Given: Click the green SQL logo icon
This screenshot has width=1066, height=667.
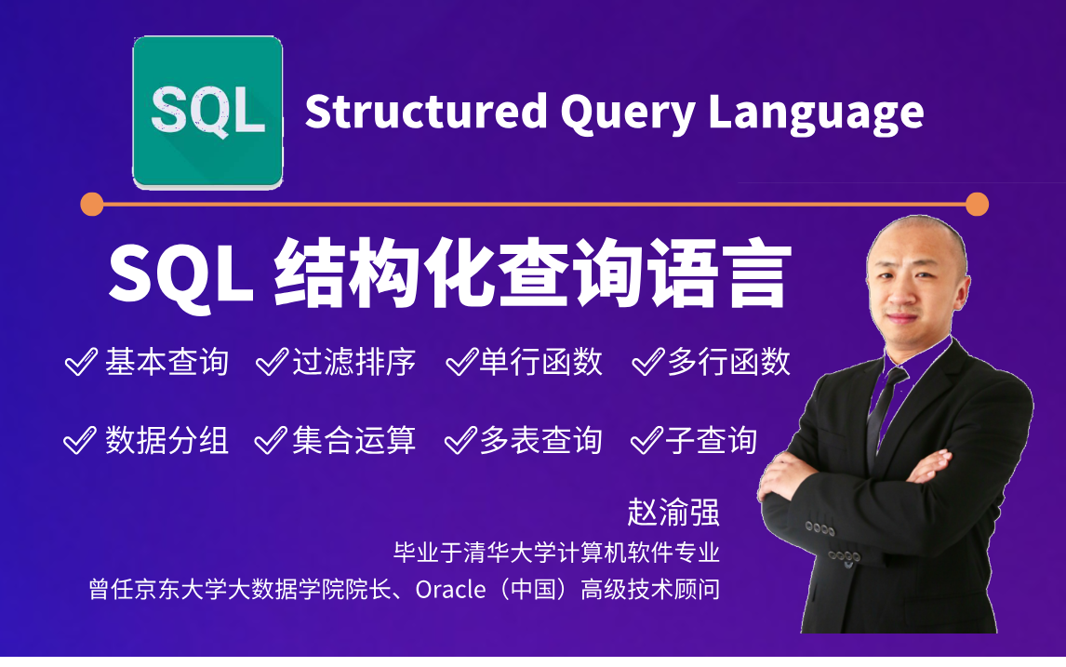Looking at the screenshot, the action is click(x=208, y=113).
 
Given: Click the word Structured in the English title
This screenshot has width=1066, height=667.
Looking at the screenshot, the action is click(x=426, y=112).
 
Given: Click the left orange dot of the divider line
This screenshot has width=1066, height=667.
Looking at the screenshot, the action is click(x=92, y=204).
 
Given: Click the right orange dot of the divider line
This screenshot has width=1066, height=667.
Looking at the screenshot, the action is click(x=977, y=204).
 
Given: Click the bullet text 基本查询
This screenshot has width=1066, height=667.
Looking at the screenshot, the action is click(x=167, y=361).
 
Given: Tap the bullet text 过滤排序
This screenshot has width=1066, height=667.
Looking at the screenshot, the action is click(x=353, y=361).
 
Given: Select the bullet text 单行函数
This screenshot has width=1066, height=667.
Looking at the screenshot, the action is click(x=540, y=361).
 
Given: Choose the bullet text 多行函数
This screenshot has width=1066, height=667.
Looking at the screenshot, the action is click(x=728, y=361).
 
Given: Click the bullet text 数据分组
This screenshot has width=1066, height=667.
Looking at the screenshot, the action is click(x=167, y=440).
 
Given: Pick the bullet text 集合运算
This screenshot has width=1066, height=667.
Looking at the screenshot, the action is click(x=353, y=440).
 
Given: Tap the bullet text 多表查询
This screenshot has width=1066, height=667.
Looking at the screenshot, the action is click(x=540, y=440).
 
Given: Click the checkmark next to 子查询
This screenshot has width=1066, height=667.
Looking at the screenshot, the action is click(x=646, y=440).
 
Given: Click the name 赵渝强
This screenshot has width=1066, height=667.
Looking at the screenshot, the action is click(x=673, y=512).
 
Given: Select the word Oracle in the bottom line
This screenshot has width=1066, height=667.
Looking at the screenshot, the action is click(x=451, y=590).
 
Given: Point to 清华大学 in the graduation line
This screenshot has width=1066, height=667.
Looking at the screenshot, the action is click(x=499, y=552).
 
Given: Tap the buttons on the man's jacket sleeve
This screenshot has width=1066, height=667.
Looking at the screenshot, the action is click(x=819, y=528).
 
